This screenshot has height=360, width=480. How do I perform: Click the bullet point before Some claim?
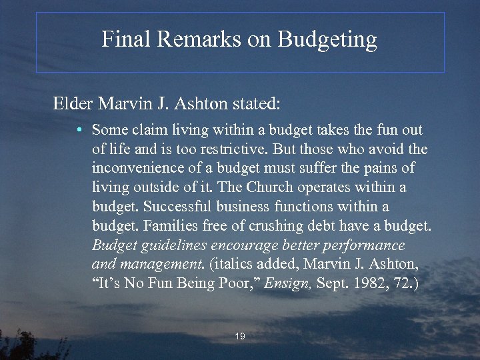[79, 130]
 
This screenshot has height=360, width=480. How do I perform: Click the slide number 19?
[240, 337]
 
